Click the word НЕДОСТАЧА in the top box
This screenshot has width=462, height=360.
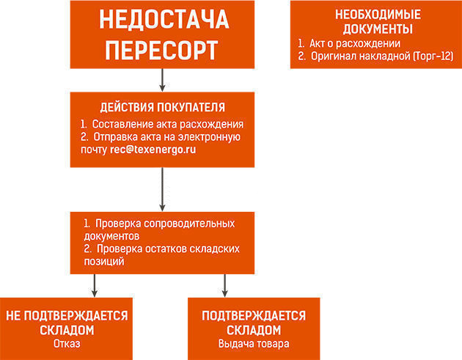click(164, 19)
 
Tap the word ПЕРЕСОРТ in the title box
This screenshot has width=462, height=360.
click(161, 51)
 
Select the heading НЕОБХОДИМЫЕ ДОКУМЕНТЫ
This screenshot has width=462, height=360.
click(378, 22)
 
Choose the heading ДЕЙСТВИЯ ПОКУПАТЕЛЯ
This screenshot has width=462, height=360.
click(162, 107)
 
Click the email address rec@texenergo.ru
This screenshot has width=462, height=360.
click(153, 150)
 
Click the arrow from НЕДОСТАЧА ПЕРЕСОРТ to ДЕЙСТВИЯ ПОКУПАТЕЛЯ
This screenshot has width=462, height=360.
click(162, 80)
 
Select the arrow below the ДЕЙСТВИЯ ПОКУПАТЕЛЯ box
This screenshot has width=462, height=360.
click(162, 189)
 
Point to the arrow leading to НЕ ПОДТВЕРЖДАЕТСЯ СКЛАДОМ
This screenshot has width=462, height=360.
click(95, 285)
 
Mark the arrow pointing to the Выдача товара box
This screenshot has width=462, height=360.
click(225, 285)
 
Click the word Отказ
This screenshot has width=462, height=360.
click(67, 344)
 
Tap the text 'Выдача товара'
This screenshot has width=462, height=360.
click(254, 344)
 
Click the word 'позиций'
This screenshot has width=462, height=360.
click(104, 261)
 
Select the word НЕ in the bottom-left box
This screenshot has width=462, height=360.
click(13, 316)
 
